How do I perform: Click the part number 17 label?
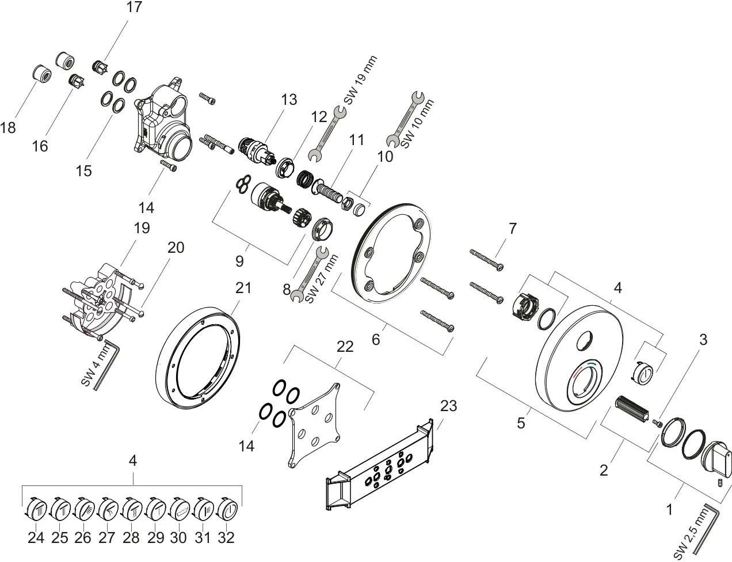click(134, 7)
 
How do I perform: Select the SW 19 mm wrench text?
click(360, 79)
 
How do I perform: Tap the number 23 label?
click(448, 406)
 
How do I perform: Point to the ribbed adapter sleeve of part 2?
click(632, 408)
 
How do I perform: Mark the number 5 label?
click(520, 423)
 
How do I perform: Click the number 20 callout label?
click(176, 248)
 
